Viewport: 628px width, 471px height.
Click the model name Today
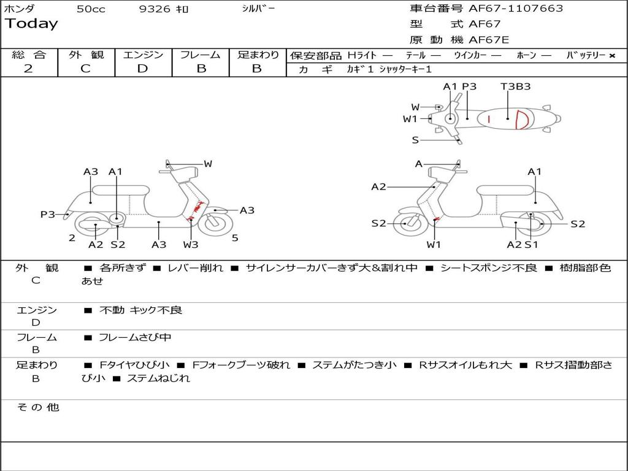(31, 24)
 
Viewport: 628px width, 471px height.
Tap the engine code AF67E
(489, 40)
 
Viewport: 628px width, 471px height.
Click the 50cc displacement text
(91, 9)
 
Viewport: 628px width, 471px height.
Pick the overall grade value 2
(28, 69)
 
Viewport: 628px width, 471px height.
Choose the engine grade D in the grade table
(142, 69)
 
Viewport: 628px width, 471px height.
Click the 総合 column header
(29, 55)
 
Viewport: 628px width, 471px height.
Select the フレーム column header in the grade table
(200, 55)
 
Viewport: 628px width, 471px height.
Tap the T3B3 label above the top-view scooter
(515, 86)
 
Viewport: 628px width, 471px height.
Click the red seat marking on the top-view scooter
(521, 119)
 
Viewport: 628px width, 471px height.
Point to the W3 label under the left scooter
(190, 245)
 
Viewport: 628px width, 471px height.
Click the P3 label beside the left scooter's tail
(48, 215)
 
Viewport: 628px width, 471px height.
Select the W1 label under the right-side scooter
(434, 245)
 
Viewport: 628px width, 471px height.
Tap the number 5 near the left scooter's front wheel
(235, 238)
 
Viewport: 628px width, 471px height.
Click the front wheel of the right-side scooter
(406, 224)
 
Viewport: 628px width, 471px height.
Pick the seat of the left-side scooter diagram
(121, 190)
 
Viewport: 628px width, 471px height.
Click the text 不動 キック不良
(140, 310)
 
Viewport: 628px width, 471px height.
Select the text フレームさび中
(135, 337)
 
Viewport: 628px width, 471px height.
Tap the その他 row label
(37, 407)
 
